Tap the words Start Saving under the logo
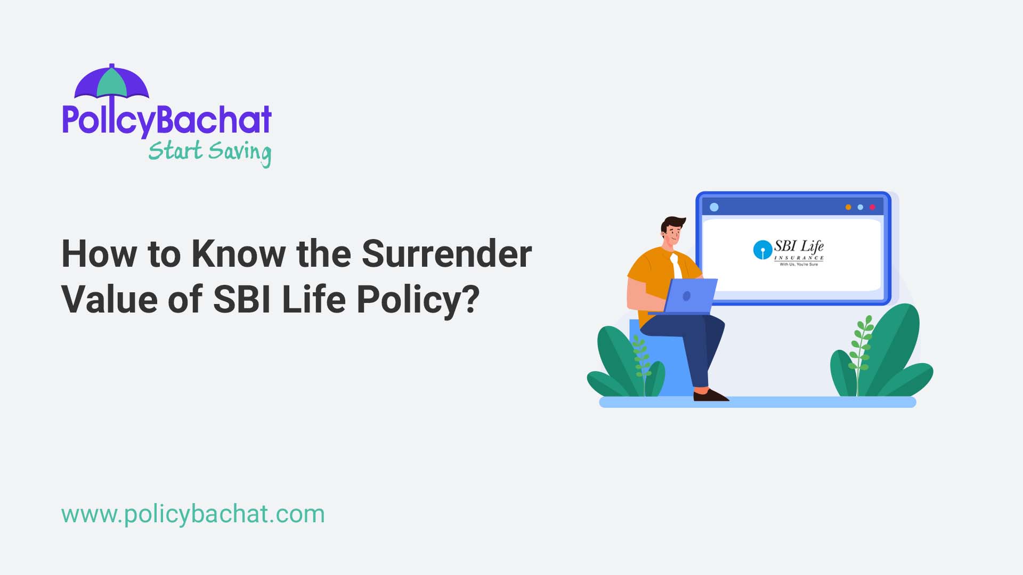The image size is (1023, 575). click(209, 152)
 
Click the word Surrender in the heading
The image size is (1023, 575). click(446, 253)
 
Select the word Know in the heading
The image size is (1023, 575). click(238, 253)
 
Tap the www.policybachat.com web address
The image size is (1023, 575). click(193, 514)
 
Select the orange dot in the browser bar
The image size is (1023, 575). click(848, 207)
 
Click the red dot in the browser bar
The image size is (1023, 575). click(872, 207)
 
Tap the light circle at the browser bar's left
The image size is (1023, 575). click(714, 207)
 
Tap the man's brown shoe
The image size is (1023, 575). click(710, 395)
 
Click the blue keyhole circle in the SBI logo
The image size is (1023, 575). click(762, 250)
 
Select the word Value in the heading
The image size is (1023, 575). click(110, 299)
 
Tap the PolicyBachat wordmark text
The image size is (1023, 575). click(167, 120)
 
